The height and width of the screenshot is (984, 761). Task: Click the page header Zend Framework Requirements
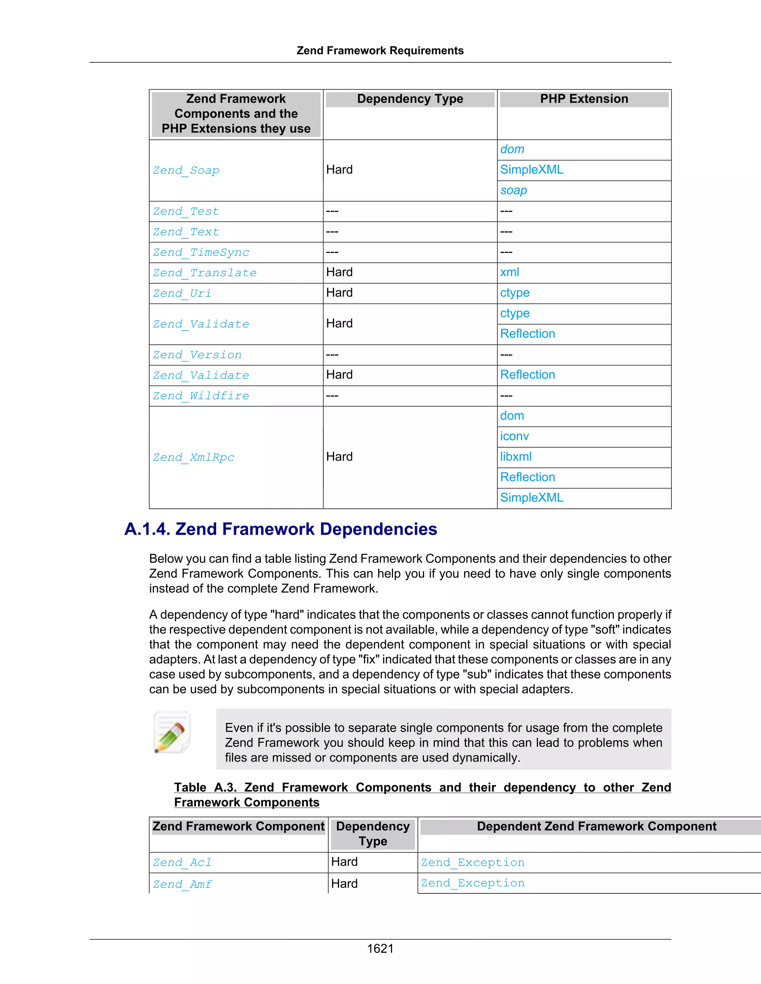tap(380, 50)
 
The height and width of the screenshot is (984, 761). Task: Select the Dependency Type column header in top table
tap(410, 99)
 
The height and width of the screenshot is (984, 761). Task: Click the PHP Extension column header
tap(584, 99)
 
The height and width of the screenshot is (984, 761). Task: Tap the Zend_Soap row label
tap(186, 170)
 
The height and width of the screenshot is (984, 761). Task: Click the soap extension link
tap(514, 190)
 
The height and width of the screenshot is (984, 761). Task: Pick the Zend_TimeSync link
tap(201, 252)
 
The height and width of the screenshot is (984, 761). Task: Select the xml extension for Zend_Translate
tap(509, 272)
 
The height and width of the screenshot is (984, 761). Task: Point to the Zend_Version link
tap(197, 355)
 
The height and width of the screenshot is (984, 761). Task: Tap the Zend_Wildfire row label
tap(201, 396)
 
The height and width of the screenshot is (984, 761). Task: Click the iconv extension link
tap(514, 436)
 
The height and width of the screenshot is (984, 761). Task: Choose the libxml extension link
tap(516, 457)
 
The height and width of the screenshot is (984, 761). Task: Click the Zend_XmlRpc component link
tap(193, 457)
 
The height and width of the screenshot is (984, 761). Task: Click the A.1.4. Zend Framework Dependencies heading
tap(281, 529)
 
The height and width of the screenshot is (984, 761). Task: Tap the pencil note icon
tap(172, 732)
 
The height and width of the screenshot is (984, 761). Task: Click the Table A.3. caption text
tap(422, 794)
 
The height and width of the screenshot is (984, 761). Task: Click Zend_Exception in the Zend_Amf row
tap(473, 883)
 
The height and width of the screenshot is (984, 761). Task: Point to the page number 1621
tap(380, 948)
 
